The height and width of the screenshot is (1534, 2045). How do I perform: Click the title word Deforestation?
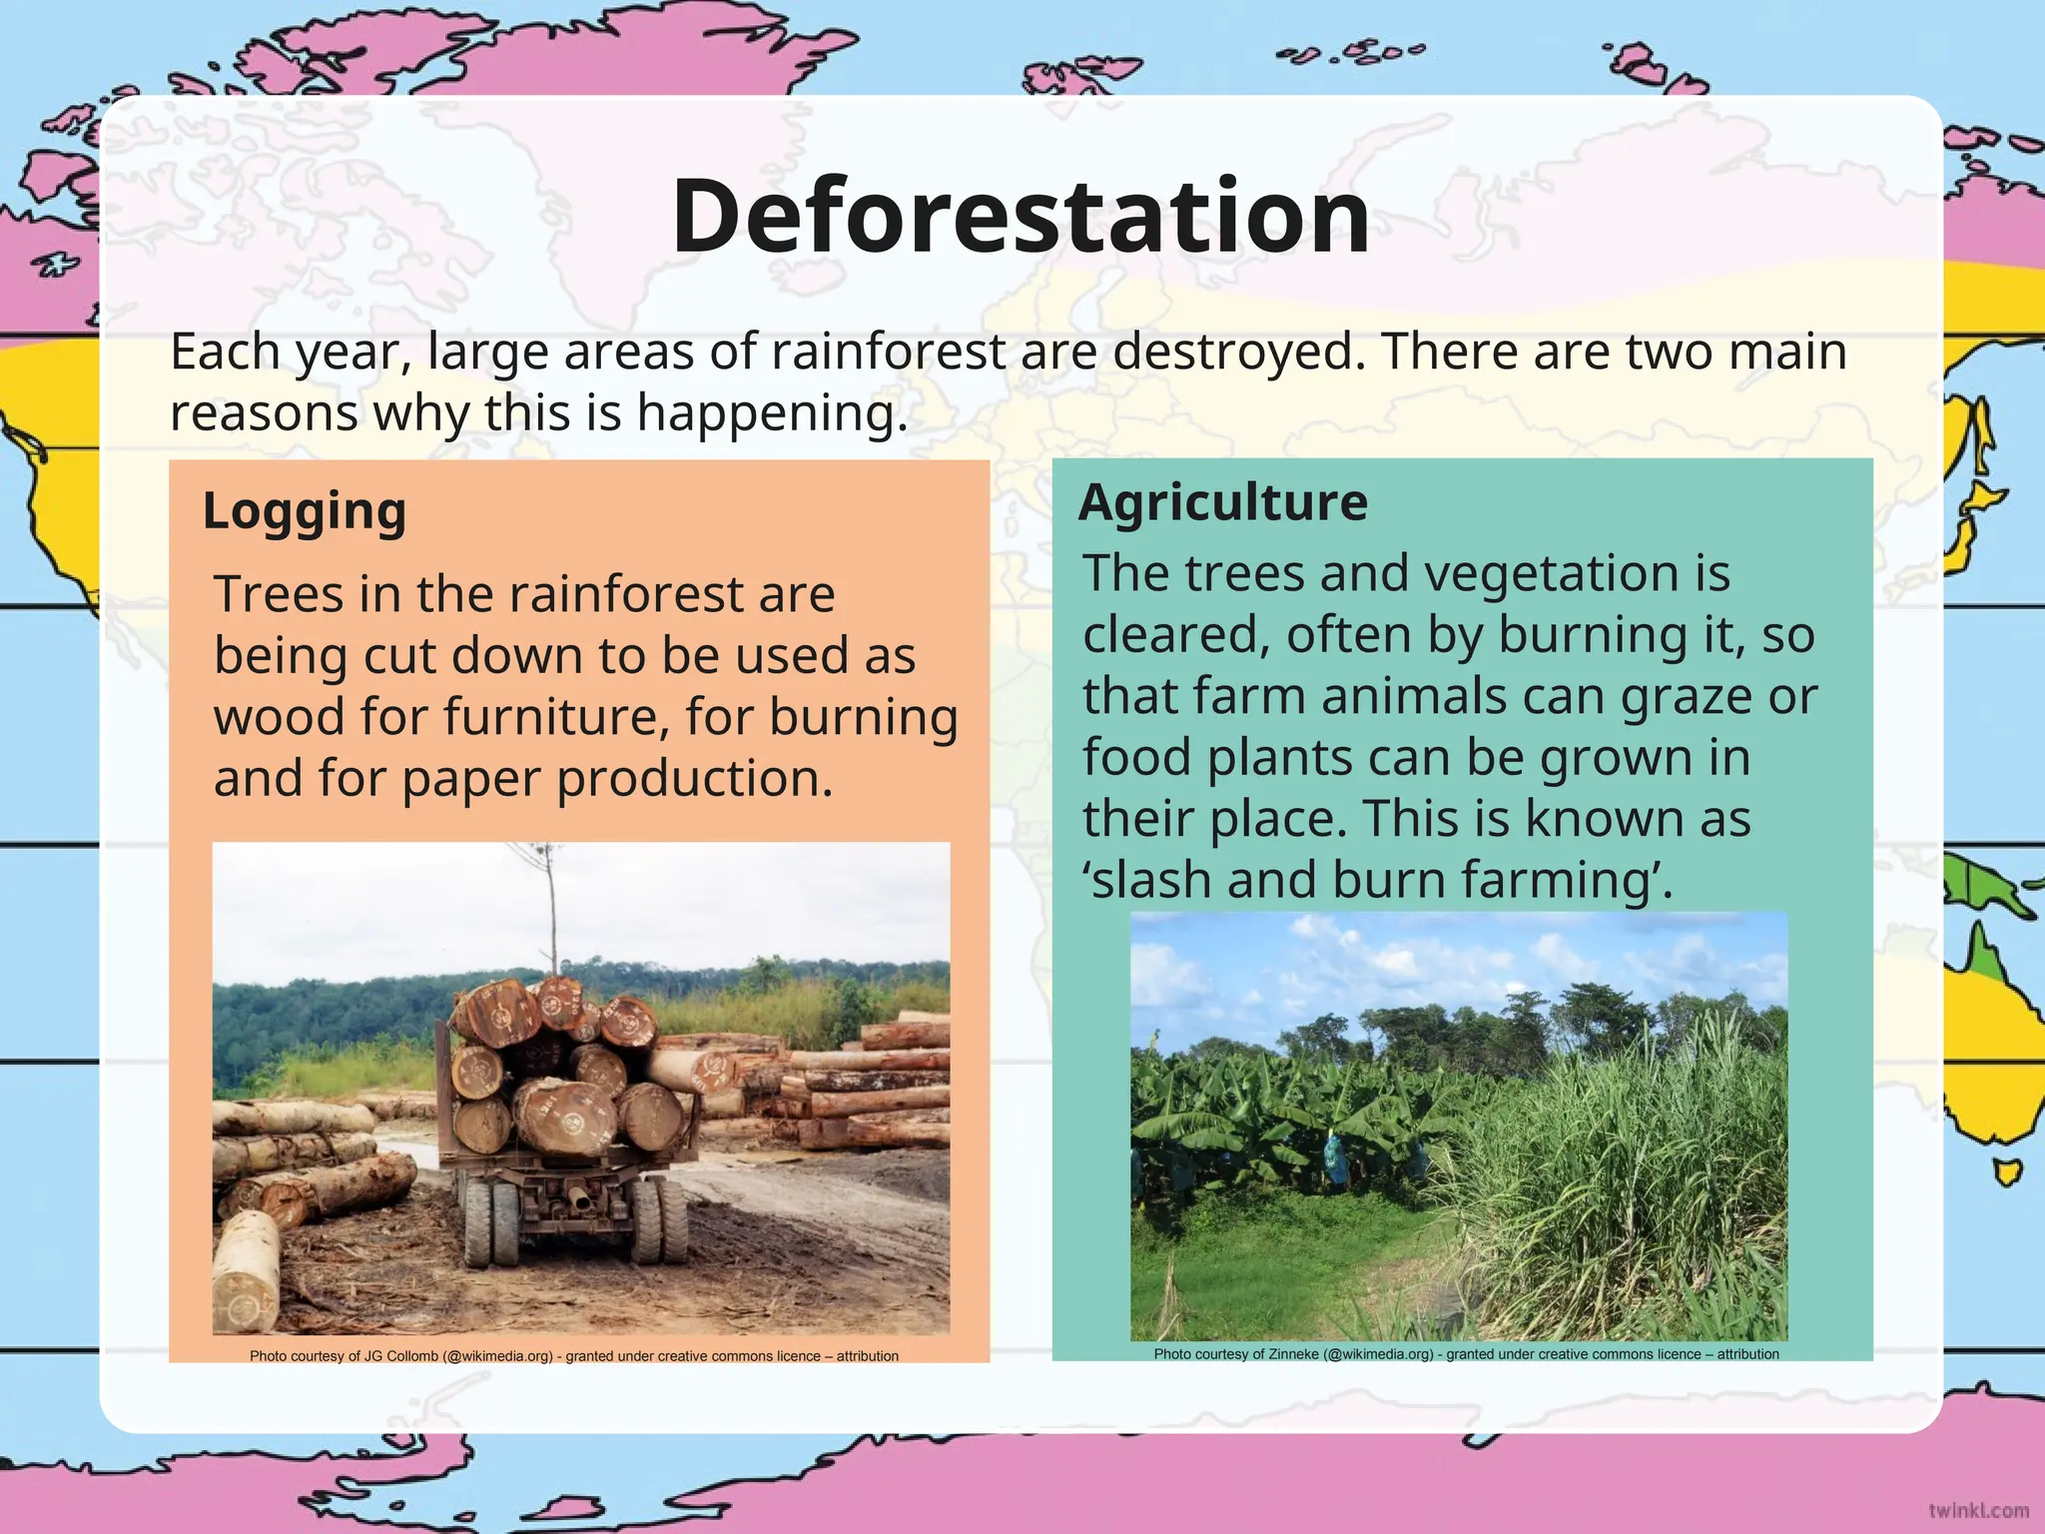[1021, 216]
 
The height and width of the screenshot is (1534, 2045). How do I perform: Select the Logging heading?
[305, 511]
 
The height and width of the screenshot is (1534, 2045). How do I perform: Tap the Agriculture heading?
[1223, 501]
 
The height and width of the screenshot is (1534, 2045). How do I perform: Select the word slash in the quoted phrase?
[1152, 880]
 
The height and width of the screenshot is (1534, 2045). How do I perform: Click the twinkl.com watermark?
[1978, 1510]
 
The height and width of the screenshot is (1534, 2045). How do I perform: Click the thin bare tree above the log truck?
[550, 909]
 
